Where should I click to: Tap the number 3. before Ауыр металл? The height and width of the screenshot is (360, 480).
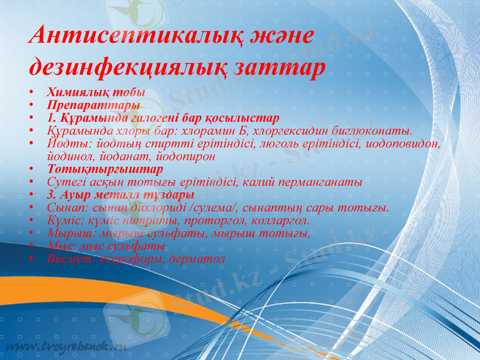52,195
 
